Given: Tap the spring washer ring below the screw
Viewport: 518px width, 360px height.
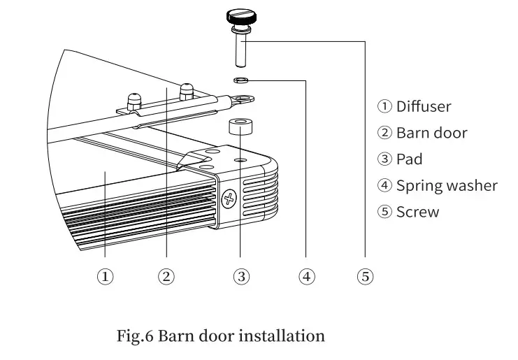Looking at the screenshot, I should (x=240, y=79).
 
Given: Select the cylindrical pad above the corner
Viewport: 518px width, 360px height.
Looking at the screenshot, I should (x=240, y=127).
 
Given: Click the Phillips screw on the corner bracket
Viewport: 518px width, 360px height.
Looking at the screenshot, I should (x=228, y=199).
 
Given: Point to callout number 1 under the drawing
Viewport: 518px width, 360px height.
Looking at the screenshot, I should (x=105, y=277).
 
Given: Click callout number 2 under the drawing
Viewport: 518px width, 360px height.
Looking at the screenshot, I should (x=166, y=277).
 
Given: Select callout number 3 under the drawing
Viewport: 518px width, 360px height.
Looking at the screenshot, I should (x=240, y=277).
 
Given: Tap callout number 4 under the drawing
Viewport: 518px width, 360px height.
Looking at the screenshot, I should (x=306, y=277).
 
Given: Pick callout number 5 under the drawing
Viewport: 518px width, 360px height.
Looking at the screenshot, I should (x=365, y=277).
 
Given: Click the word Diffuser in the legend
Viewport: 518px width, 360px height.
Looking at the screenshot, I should (x=423, y=106).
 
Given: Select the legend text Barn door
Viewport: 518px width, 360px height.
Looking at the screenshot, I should (x=431, y=133).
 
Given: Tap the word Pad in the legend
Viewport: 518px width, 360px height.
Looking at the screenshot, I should (x=409, y=159).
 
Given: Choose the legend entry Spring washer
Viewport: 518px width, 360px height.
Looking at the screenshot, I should (x=447, y=186).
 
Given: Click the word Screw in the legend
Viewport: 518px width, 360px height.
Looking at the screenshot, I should (x=417, y=213).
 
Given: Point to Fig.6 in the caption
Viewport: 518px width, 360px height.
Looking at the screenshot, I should (x=135, y=336).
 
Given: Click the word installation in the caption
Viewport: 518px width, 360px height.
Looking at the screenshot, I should (x=282, y=336).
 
